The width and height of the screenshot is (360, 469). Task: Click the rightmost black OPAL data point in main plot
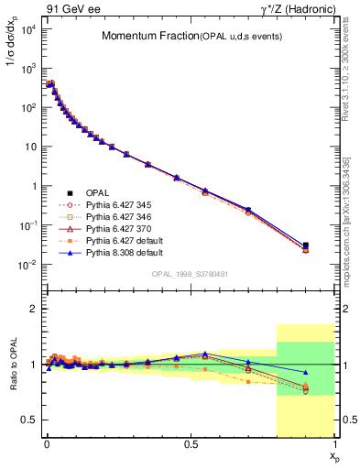[306, 245]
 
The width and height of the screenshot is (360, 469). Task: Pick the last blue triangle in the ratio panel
[306, 372]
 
